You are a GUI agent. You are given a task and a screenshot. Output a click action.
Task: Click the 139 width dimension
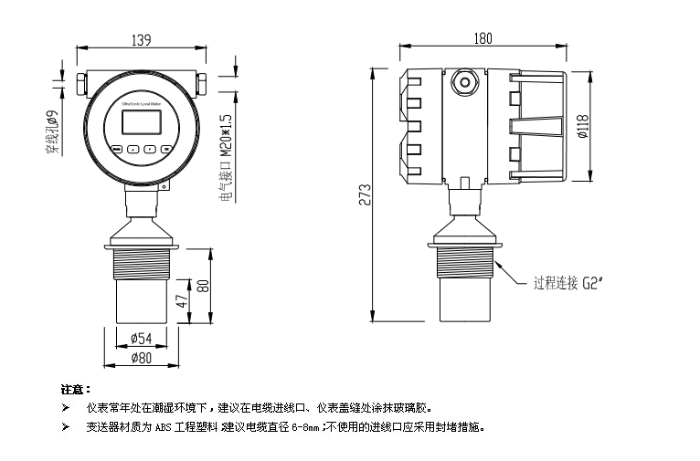141,39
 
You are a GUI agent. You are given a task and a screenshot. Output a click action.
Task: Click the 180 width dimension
483,37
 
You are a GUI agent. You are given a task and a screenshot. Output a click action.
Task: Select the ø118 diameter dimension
582,129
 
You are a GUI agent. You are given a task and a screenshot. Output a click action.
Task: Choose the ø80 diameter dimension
141,357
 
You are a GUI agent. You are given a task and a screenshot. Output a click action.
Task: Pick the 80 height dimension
204,284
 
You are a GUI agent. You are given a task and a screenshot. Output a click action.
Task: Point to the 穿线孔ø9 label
52,132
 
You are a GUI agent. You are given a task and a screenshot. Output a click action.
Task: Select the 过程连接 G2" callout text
571,282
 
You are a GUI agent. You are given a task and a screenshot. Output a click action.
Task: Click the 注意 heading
75,390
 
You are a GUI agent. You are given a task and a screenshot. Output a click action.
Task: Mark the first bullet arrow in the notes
65,407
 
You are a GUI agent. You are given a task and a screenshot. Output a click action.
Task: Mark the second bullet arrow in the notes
65,426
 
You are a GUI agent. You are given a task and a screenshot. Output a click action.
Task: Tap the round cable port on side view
466,83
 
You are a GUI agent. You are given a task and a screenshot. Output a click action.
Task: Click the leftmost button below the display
117,149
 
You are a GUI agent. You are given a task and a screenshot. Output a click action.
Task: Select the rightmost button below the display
165,149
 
